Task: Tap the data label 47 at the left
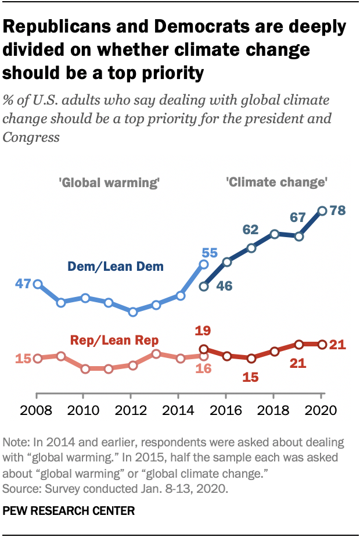[x=22, y=284]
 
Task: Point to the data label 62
[x=250, y=230]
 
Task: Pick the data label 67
[x=298, y=219]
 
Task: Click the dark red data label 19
[x=203, y=331]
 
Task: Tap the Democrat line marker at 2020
[x=322, y=210]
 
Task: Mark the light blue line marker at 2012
[x=133, y=312]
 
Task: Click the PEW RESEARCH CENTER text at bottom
[x=69, y=511]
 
